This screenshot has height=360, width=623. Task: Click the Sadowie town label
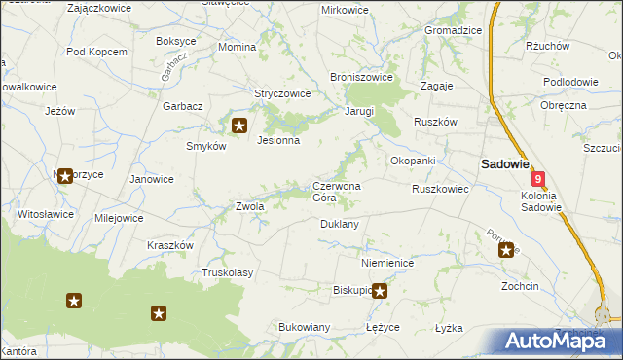[501, 164]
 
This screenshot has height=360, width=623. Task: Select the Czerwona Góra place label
[337, 191]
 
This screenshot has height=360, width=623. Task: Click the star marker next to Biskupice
[381, 290]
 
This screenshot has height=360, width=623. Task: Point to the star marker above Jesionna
[240, 125]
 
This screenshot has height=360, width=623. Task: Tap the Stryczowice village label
[282, 94]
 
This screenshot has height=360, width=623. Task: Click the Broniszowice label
[361, 77]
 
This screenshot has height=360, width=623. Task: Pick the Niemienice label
[387, 264]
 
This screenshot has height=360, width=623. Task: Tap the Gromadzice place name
[453, 30]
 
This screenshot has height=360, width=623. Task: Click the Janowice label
[152, 179]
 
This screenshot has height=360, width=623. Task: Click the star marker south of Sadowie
[506, 251]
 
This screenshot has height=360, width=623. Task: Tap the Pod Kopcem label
[96, 51]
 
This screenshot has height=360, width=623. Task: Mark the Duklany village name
[340, 224]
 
